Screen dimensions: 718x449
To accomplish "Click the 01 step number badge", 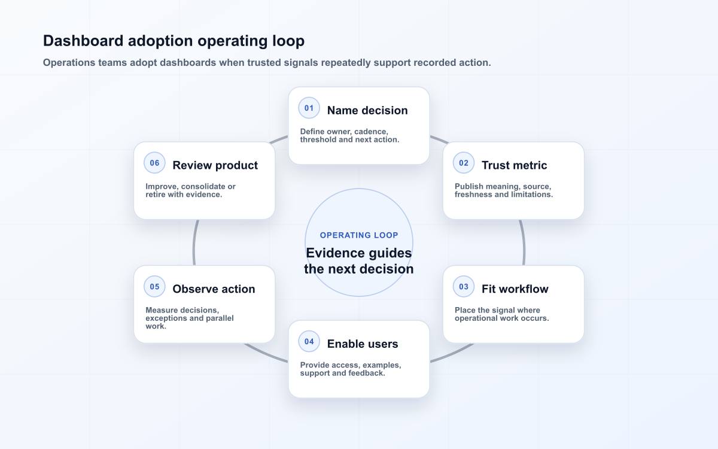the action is tap(309, 108).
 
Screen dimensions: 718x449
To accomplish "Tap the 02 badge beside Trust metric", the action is tap(464, 163).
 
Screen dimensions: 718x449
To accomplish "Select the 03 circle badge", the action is tap(464, 287).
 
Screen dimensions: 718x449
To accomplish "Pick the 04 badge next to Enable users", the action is tap(309, 342).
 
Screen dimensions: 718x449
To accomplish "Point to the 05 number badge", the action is tap(154, 287).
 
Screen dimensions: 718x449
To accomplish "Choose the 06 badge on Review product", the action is tap(154, 163).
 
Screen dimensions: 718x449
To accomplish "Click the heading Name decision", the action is tap(367, 110).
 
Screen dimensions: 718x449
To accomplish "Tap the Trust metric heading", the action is tap(514, 165).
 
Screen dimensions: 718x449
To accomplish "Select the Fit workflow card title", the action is tap(515, 289).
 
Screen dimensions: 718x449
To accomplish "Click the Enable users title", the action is tap(363, 344).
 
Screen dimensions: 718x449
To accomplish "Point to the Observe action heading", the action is tap(214, 289).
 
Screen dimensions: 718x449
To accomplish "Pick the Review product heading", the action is tap(215, 165).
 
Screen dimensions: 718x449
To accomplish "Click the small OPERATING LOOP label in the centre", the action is tap(359, 235).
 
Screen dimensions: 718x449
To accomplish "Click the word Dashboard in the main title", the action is tap(83, 41).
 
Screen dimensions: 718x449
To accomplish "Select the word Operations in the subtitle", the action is tap(69, 62).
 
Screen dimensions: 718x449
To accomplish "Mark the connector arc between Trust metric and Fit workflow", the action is tap(523, 242).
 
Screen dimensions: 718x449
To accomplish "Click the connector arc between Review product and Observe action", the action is tap(194, 242).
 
